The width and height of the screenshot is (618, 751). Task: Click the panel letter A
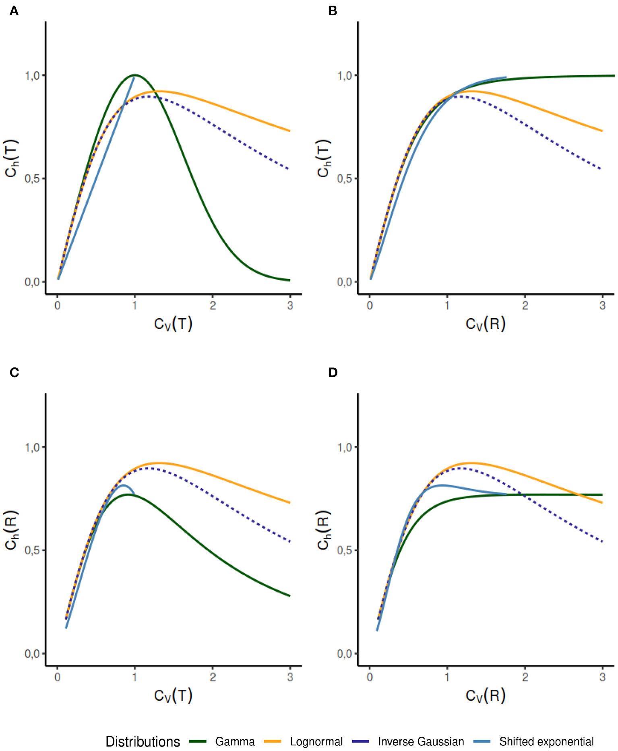click(x=14, y=11)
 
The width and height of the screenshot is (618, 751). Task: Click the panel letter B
click(x=332, y=11)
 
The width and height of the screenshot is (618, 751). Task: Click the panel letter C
click(x=14, y=372)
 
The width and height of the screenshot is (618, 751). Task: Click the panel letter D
click(x=333, y=372)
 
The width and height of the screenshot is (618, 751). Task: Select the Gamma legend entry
click(x=235, y=742)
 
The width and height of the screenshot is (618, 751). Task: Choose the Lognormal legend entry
click(x=316, y=742)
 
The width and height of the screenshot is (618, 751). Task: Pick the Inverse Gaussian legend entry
click(x=421, y=742)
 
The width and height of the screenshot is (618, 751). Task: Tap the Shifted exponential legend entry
click(x=546, y=742)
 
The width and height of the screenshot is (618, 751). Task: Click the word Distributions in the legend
click(x=143, y=742)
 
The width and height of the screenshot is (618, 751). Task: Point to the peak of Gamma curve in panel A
click(x=135, y=75)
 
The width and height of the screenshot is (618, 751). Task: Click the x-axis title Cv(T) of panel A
click(x=173, y=324)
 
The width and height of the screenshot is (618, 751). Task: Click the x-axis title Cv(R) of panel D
click(x=486, y=695)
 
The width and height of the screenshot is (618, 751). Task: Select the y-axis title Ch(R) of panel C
click(x=11, y=529)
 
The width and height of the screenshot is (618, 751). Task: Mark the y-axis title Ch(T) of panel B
click(x=324, y=158)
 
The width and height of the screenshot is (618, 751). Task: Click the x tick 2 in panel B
click(x=525, y=305)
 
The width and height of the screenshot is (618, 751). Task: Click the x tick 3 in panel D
click(x=602, y=677)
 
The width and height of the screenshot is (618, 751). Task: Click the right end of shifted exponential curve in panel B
click(x=506, y=77)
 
